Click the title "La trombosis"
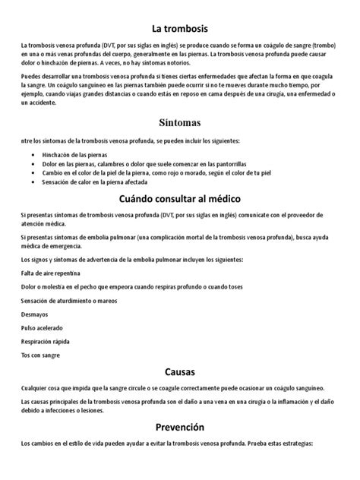(179, 28)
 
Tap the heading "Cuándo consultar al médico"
(179, 198)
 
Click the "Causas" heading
(179, 372)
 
